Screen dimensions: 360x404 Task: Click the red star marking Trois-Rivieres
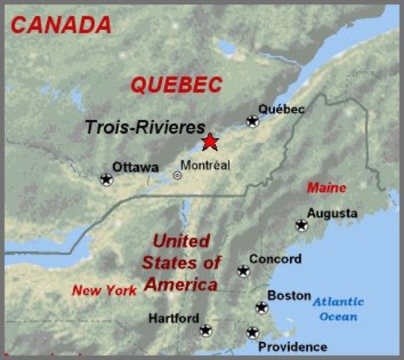click(x=211, y=141)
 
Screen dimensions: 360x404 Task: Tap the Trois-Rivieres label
click(x=145, y=127)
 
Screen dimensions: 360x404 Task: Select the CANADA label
click(x=61, y=25)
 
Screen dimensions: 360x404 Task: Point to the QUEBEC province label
click(x=177, y=85)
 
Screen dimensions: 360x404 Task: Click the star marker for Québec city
click(x=253, y=121)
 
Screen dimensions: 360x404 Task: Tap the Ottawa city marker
click(x=106, y=179)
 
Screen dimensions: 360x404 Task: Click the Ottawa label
click(x=135, y=166)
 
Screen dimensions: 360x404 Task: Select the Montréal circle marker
click(x=178, y=175)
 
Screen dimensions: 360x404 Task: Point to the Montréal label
click(x=205, y=165)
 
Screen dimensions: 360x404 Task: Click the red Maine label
click(x=327, y=187)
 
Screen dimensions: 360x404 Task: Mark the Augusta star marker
click(x=301, y=224)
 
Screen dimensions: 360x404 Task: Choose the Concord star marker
click(x=243, y=271)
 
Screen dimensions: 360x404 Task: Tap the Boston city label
click(x=289, y=295)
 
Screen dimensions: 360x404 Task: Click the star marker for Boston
click(x=262, y=307)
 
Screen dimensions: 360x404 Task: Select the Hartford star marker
click(x=205, y=330)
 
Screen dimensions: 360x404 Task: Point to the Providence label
click(x=292, y=346)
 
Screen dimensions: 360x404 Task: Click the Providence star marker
click(x=253, y=332)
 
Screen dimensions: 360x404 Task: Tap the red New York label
click(x=104, y=290)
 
